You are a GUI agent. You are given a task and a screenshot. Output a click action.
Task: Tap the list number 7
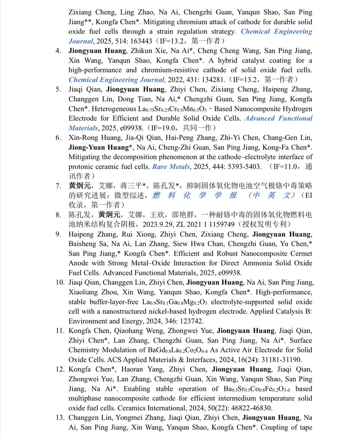[58, 186]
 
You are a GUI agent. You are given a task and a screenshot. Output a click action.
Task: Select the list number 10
[59, 282]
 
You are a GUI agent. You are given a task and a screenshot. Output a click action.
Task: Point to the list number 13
[59, 418]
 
